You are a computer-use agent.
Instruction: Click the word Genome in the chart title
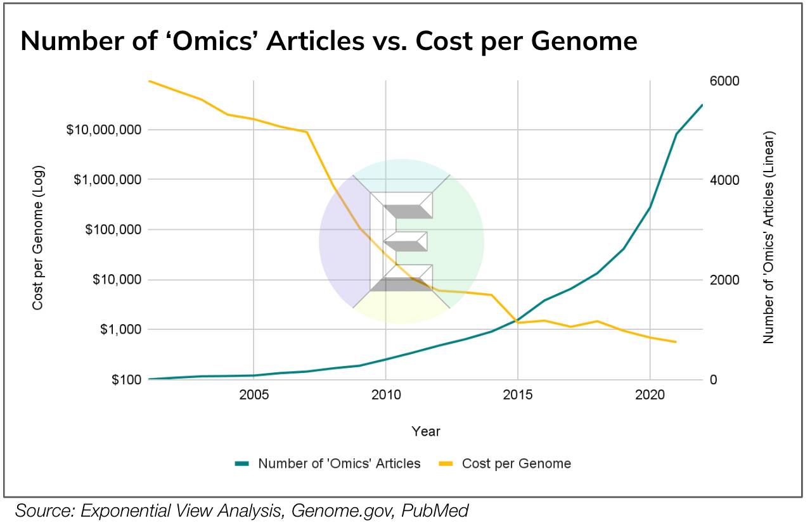pyautogui.click(x=584, y=42)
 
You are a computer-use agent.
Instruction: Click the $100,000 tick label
pyautogui.click(x=113, y=230)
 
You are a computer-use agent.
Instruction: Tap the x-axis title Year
pyautogui.click(x=426, y=431)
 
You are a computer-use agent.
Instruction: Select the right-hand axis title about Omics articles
pyautogui.click(x=769, y=237)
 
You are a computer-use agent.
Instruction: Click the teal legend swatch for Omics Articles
pyautogui.click(x=242, y=463)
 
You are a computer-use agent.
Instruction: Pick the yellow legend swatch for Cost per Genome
pyautogui.click(x=446, y=463)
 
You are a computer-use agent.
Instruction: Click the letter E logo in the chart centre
pyautogui.click(x=401, y=241)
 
